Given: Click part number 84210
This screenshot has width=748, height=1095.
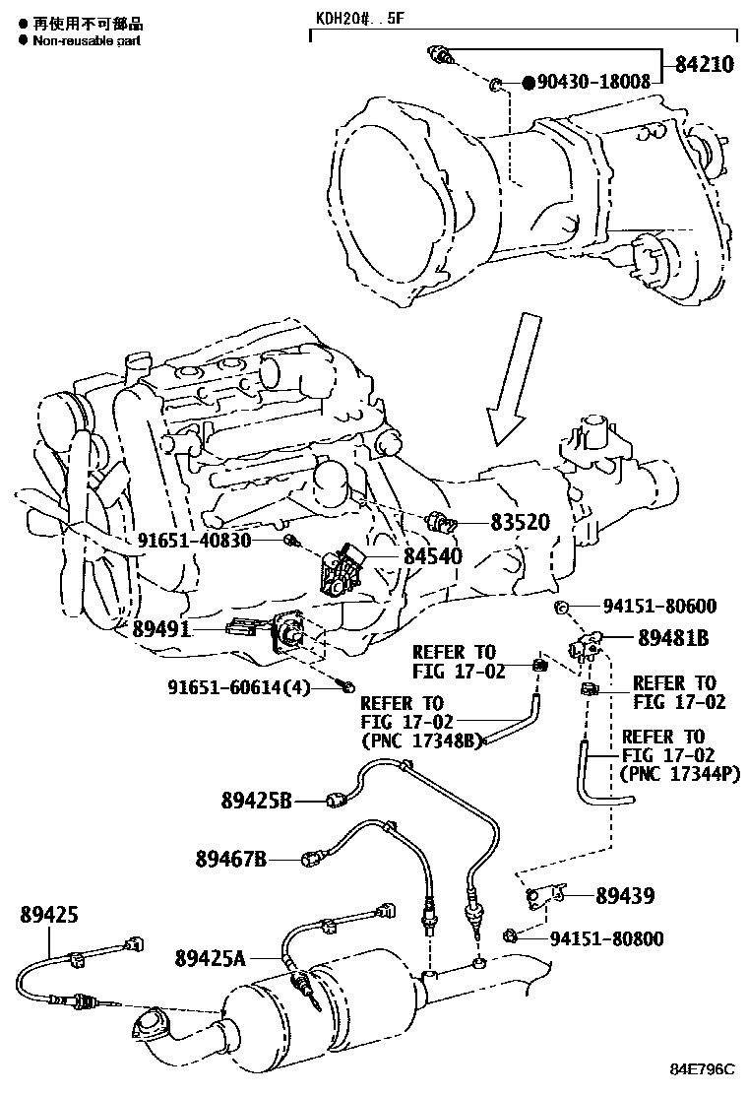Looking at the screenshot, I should coord(705,66).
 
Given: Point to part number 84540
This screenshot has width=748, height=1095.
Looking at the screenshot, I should coord(432,556).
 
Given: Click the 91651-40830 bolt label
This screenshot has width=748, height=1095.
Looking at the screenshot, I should coord(194,541).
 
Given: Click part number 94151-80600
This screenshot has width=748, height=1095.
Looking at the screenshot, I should coord(660,607).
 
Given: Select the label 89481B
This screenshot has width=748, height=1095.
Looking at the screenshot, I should coord(673,638).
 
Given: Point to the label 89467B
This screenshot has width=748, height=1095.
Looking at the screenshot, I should coord(231,860).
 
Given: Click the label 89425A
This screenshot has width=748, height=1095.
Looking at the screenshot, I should coord(210,957).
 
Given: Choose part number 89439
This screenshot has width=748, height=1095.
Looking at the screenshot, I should coord(625,895).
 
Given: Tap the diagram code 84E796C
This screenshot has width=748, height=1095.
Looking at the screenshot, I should coord(704,1069).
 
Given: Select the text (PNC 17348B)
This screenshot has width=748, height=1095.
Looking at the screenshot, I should coord(421,740).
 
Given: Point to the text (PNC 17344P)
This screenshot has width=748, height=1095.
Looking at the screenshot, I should coord(681,773).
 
